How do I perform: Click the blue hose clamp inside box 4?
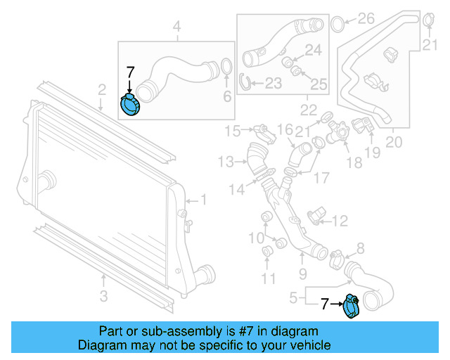tap(131, 104)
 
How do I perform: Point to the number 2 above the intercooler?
tap(102, 89)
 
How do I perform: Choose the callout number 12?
tap(340, 221)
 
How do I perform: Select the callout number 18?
tap(354, 163)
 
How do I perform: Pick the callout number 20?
tap(394, 142)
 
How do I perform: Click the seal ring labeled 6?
tap(226, 67)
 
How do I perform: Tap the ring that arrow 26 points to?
tap(337, 24)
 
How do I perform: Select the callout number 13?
tap(225, 162)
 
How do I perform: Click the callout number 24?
tap(313, 50)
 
